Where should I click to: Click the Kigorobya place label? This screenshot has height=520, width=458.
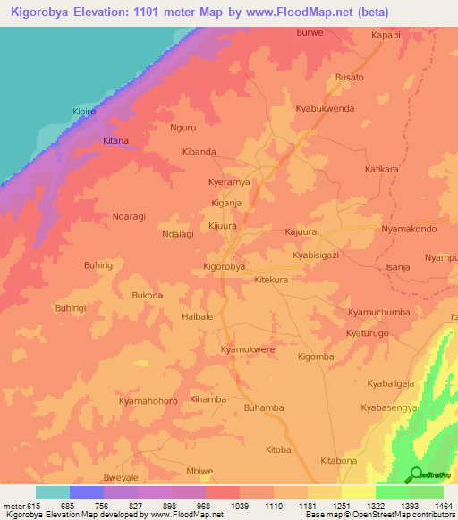225,266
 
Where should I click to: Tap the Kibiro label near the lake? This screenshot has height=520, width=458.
87,112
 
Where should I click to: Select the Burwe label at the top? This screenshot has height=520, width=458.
309,32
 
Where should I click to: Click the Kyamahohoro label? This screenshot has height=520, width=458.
148,401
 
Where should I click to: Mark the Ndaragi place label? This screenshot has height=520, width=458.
110,215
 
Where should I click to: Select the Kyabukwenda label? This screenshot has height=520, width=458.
325,108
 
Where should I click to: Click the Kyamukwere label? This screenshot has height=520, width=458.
248,349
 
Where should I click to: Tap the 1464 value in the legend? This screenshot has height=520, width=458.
444,505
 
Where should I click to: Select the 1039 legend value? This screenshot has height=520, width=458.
240,505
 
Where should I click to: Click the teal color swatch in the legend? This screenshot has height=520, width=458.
53,492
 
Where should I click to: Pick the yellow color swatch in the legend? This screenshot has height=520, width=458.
359,492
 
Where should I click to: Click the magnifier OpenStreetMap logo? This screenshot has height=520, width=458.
416,474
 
